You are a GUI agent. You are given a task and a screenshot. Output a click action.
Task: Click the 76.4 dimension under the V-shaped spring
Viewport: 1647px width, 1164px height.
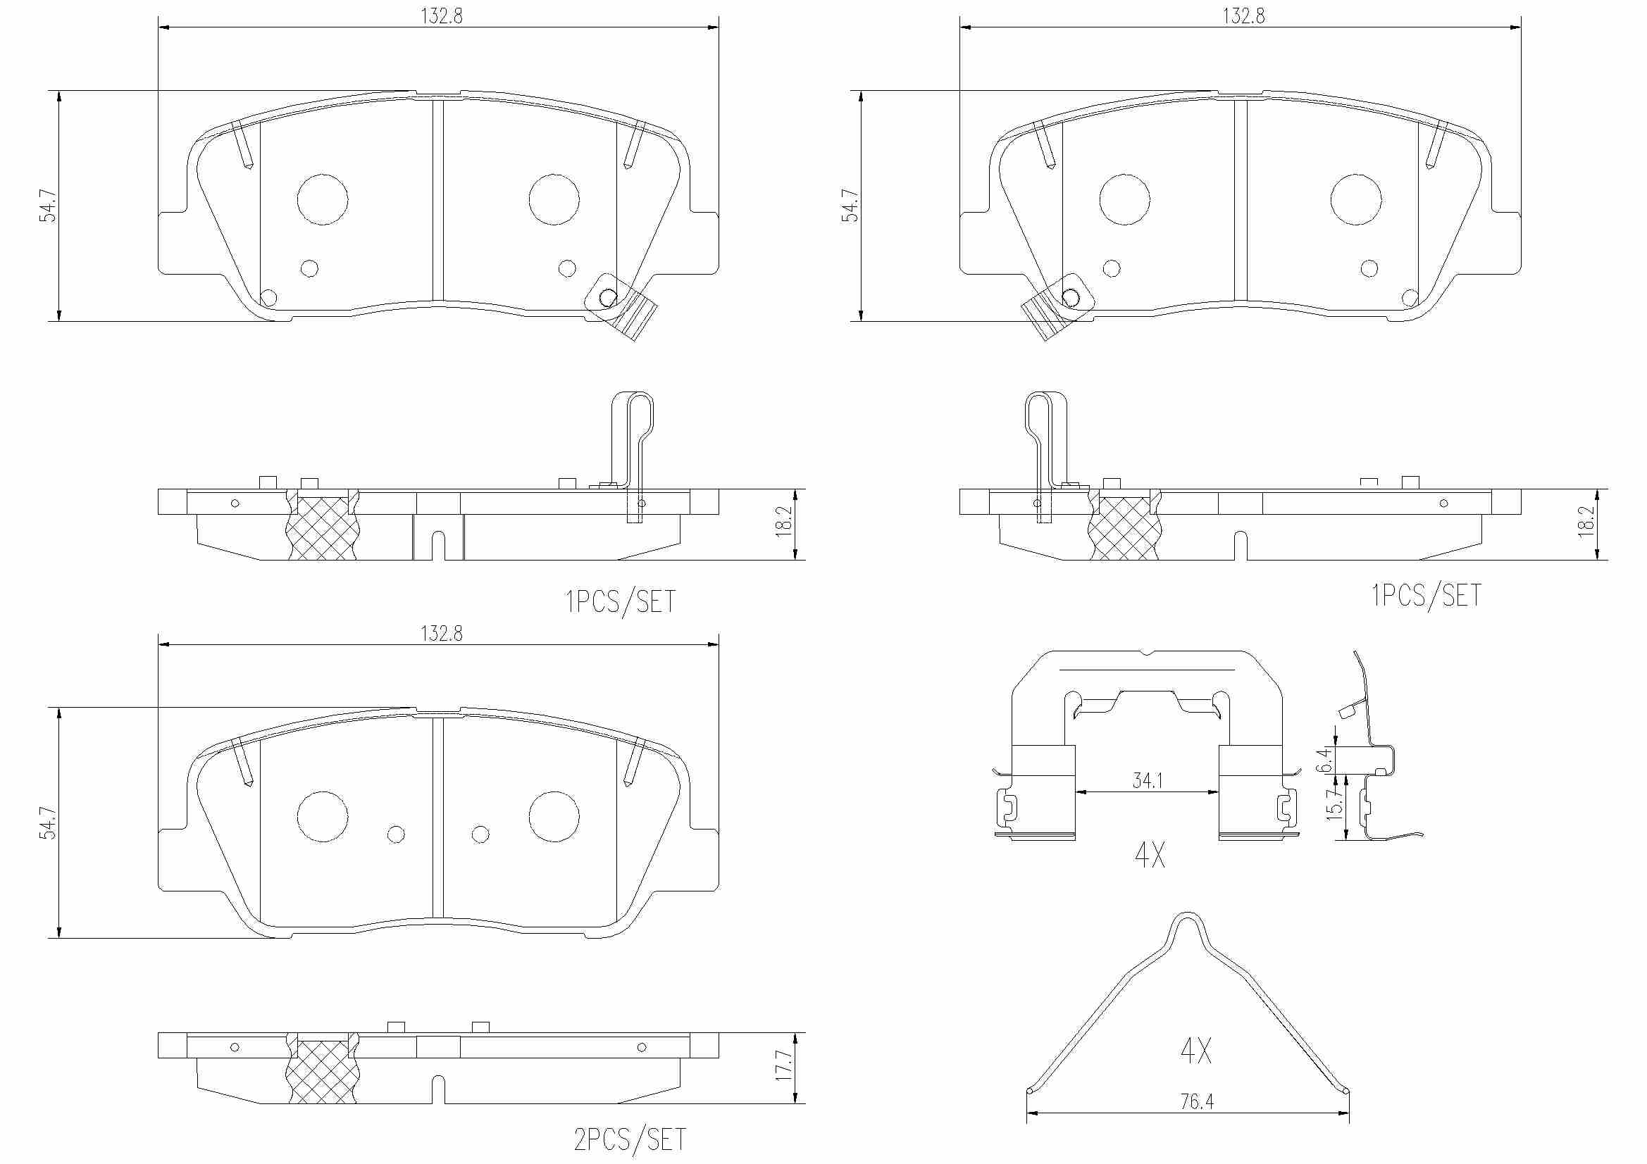pos(1198,1101)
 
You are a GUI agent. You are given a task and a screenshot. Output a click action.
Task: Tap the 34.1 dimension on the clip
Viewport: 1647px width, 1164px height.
pos(1148,780)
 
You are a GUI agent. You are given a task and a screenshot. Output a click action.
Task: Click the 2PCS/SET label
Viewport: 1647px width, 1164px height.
pos(630,1139)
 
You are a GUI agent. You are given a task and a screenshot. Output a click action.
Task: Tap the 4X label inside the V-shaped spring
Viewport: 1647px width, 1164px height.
pos(1195,1051)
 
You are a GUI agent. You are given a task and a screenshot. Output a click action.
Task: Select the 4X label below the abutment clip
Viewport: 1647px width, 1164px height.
pos(1150,855)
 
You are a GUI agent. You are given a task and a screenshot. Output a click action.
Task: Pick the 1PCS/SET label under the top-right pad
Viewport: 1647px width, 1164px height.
pos(1426,595)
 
